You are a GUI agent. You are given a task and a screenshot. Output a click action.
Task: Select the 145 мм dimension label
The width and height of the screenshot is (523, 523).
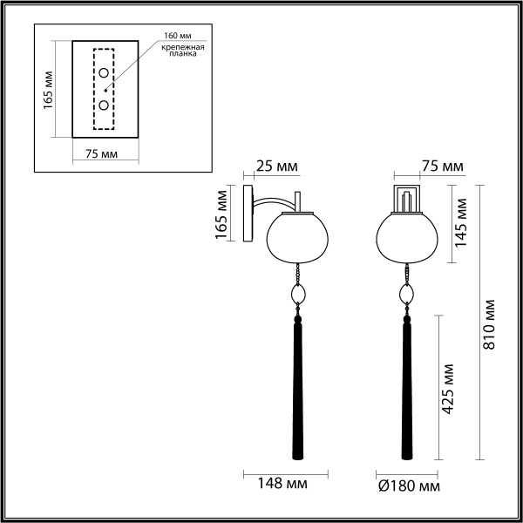(x=463, y=222)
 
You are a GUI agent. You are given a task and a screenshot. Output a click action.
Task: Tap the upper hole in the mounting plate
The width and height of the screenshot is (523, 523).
(x=105, y=73)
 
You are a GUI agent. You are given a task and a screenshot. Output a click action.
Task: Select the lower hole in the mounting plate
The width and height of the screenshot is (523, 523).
(x=105, y=105)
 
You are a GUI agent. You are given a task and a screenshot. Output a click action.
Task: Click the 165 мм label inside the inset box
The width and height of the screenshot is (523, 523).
(x=51, y=88)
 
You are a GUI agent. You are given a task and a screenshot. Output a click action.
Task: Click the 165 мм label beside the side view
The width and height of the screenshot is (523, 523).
(x=221, y=216)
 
